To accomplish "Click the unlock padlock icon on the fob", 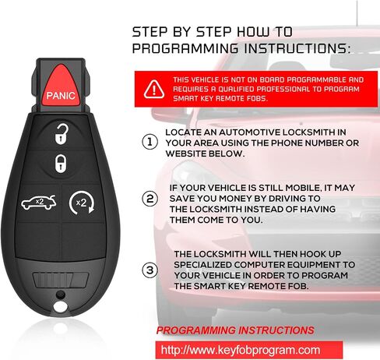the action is click(62, 134).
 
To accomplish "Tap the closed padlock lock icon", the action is click(61, 164).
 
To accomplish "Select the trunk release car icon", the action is click(39, 203).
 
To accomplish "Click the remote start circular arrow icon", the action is click(82, 203).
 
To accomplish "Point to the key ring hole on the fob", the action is click(60, 307).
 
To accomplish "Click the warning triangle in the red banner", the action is click(154, 89).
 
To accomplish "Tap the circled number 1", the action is click(150, 142).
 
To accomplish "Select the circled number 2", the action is click(150, 199).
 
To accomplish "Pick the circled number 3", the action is click(150, 270).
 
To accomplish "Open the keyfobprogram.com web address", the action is click(241, 350).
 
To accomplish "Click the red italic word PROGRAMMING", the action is click(196, 330).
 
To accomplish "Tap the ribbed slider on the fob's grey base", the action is click(61, 280).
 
